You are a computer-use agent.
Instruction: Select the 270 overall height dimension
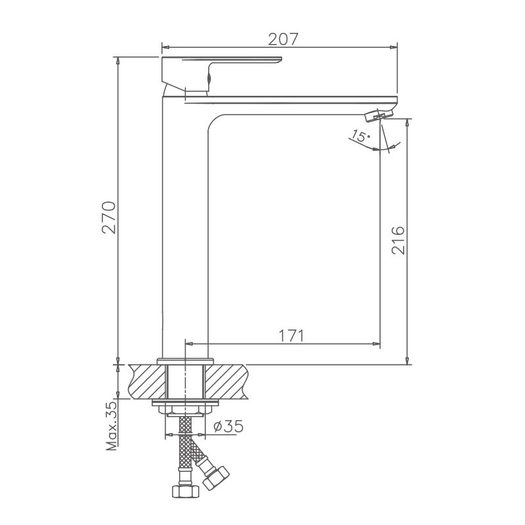(109, 218)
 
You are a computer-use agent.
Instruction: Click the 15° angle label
(360, 136)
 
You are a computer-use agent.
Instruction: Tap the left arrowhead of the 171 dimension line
(190, 343)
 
